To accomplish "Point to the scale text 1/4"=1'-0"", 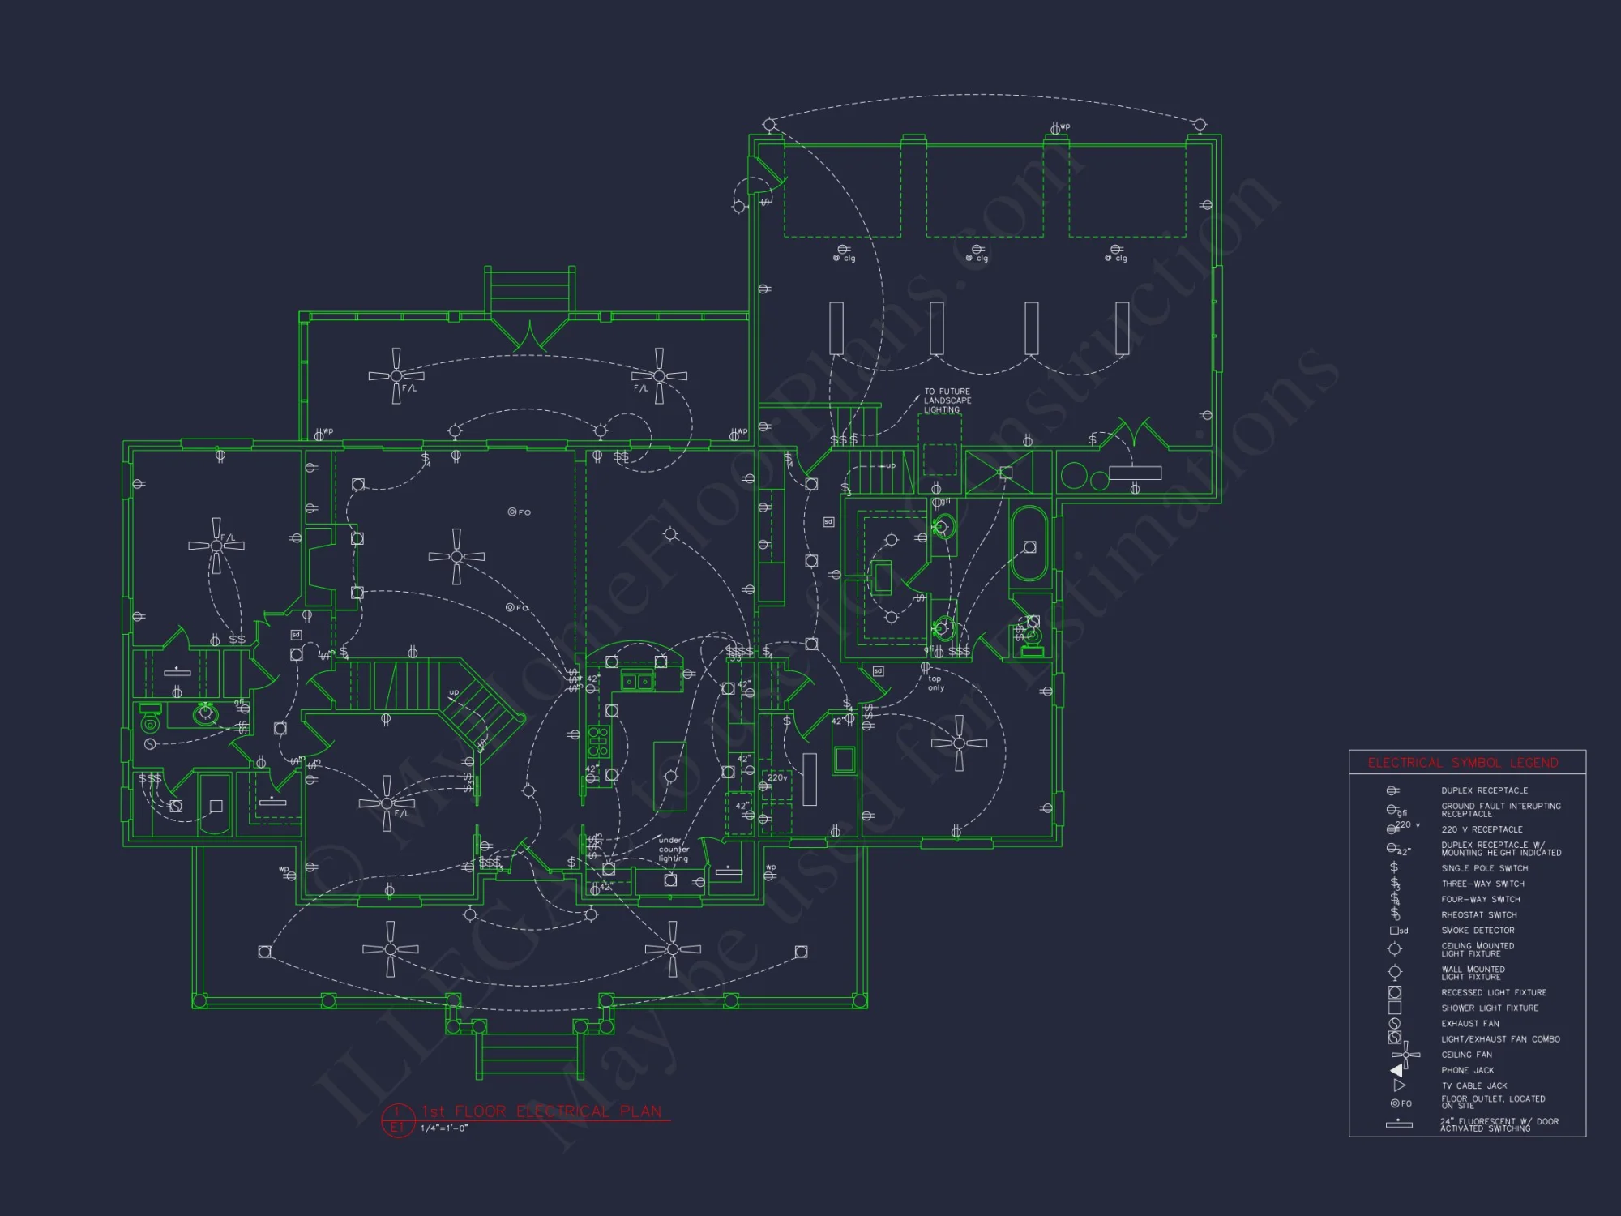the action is click(444, 1128).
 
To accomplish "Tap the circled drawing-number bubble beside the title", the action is click(397, 1120).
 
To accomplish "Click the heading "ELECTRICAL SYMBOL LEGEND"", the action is click(1463, 763).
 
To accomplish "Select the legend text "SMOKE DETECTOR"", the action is click(1478, 931).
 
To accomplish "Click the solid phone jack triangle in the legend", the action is click(1396, 1071).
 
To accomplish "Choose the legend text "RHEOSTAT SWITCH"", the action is click(1478, 915).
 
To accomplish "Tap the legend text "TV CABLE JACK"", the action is click(1473, 1086).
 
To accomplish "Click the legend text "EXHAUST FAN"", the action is click(1469, 1024).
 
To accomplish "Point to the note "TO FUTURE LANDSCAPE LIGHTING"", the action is click(947, 400).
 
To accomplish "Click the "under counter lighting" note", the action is click(674, 850).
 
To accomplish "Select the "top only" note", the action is click(935, 683).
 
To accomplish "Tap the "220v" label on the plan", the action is click(776, 777).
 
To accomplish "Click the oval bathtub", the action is click(1029, 544).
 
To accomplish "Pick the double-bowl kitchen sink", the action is click(637, 682).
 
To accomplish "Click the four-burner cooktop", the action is click(598, 742).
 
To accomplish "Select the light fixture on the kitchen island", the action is click(670, 777).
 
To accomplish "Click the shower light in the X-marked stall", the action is click(1005, 473).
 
